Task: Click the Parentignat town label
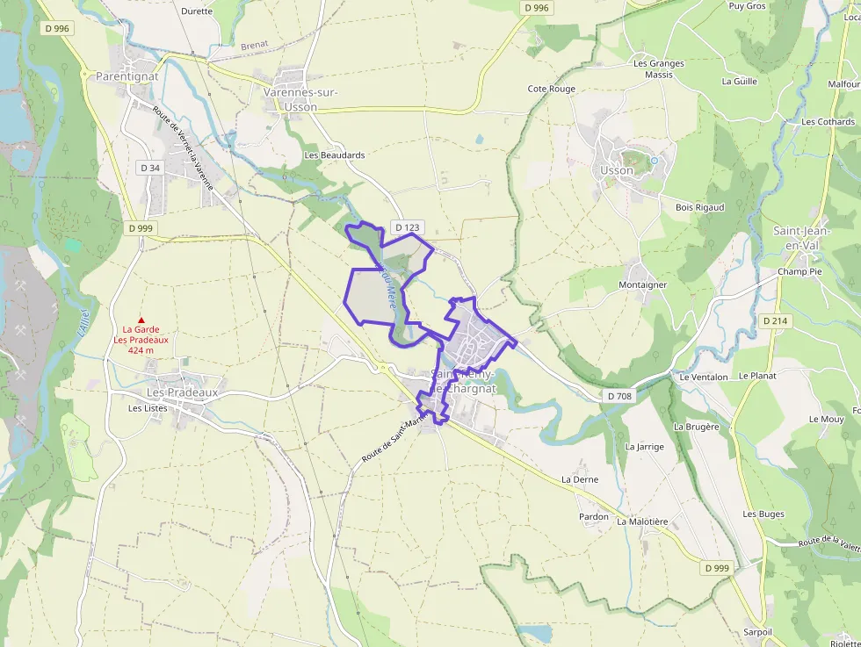pos(127,76)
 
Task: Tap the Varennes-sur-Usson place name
pos(300,99)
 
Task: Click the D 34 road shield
pos(150,168)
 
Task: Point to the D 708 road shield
pos(619,397)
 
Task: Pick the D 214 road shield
pos(775,321)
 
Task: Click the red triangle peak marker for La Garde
pos(141,320)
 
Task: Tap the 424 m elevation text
pos(141,350)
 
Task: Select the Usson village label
pos(617,170)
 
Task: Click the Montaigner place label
pos(642,285)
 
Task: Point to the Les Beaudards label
pos(334,155)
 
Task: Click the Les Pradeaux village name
pos(182,392)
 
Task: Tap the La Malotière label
pos(642,521)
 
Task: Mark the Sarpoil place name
pos(757,632)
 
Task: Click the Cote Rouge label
pos(551,89)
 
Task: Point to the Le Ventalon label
pos(704,377)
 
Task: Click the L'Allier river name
pos(83,323)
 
